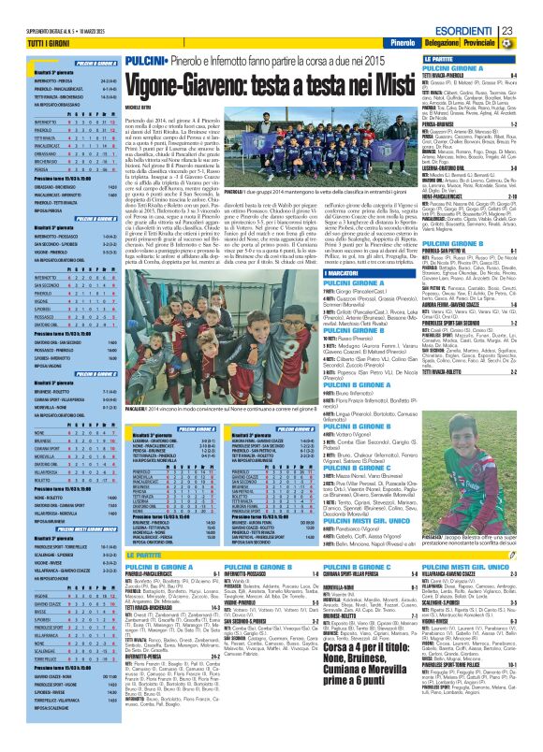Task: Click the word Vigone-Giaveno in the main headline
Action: [x=187, y=83]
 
